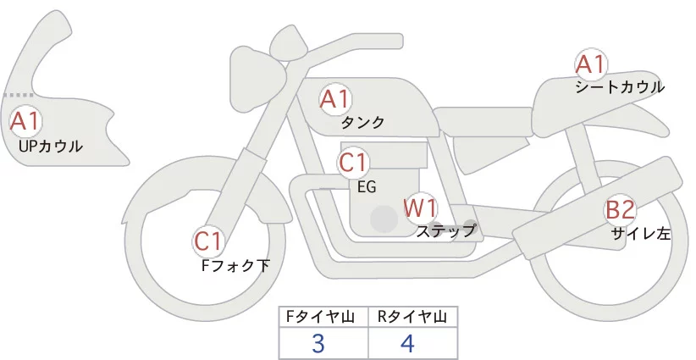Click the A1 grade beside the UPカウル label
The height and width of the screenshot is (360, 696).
pos(25,121)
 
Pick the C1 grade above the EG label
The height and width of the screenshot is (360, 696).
pos(353,162)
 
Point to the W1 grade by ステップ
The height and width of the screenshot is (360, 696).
pos(419,207)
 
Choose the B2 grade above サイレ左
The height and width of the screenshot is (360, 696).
pos(619,210)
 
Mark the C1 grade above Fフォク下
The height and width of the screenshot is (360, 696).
pos(208,241)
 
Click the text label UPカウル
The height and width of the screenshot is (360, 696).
pos(50,147)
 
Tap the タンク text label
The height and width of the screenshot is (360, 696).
pos(362,123)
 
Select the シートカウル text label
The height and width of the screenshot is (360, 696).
pos(620,86)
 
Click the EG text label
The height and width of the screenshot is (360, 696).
pos(367,186)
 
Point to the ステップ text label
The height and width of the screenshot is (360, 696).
pos(446,230)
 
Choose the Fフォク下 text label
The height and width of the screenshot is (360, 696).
pos(235,265)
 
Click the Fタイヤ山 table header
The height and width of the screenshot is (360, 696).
pos(323,316)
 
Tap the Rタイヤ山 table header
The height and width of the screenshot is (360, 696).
pos(412,316)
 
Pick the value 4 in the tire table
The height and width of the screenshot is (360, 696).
pos(407,343)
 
